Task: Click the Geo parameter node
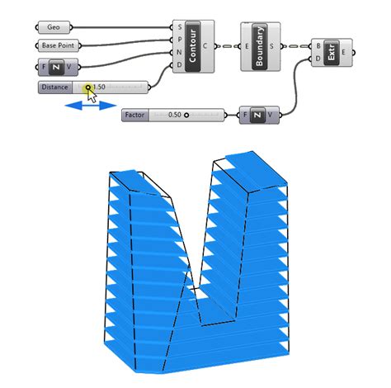(x=54, y=27)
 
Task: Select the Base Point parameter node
(x=58, y=45)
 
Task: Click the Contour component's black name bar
(x=193, y=46)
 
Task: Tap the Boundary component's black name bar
(x=260, y=46)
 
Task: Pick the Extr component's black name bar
(x=331, y=53)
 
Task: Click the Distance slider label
(x=54, y=88)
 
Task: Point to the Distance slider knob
(x=88, y=88)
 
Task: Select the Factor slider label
(x=134, y=115)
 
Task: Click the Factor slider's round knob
(x=186, y=115)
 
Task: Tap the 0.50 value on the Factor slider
(x=175, y=115)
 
